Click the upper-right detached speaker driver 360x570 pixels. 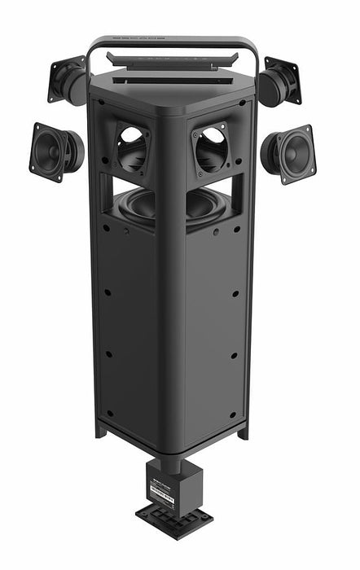(282, 80)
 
